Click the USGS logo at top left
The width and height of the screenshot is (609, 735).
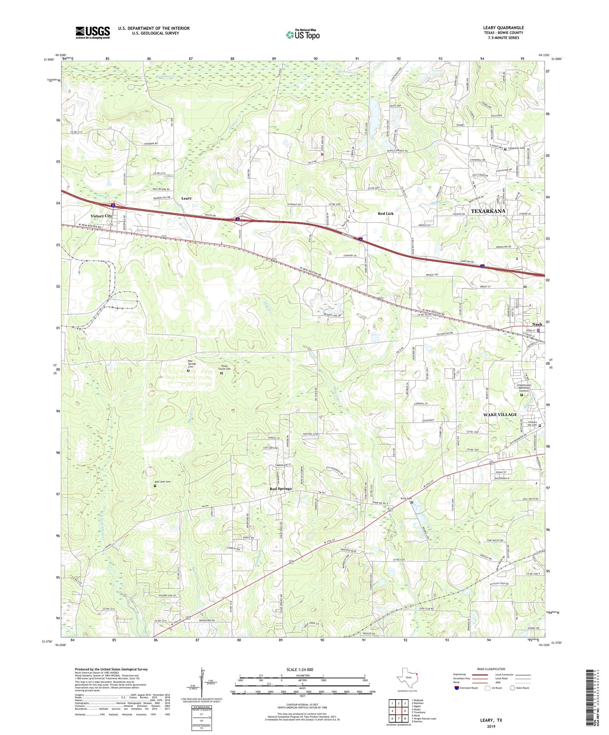pos(92,32)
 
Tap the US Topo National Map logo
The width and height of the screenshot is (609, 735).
pos(302,35)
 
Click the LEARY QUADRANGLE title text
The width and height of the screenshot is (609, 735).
pos(503,28)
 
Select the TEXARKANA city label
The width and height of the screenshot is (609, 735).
pos(488,211)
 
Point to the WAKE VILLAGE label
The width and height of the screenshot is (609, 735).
pos(500,415)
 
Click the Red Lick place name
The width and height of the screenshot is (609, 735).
pos(385,214)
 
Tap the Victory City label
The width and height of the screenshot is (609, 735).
pos(102,216)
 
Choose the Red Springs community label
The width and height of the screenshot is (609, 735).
pos(281,489)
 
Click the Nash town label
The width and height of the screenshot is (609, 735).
pos(537,325)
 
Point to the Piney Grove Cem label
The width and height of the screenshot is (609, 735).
pos(224,367)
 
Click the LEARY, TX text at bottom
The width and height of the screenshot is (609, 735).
pos(491,720)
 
